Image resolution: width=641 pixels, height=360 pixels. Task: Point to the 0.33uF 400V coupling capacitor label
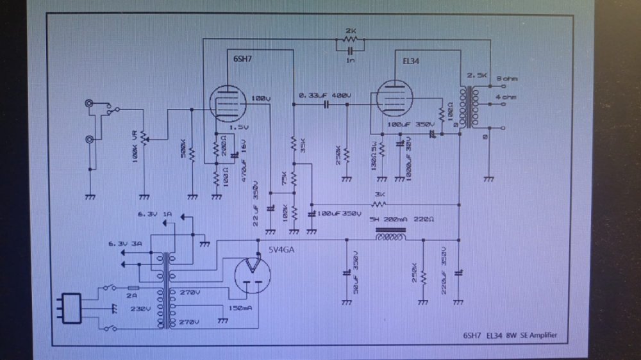324,96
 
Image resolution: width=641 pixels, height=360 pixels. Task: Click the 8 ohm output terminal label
506,79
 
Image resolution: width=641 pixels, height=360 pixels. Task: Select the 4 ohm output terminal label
506,98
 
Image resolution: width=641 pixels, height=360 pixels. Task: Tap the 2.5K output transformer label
478,75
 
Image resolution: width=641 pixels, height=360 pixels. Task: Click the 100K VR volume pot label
135,147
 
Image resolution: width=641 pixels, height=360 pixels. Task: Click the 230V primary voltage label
141,308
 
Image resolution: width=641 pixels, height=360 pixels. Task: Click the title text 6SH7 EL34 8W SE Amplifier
515,335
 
